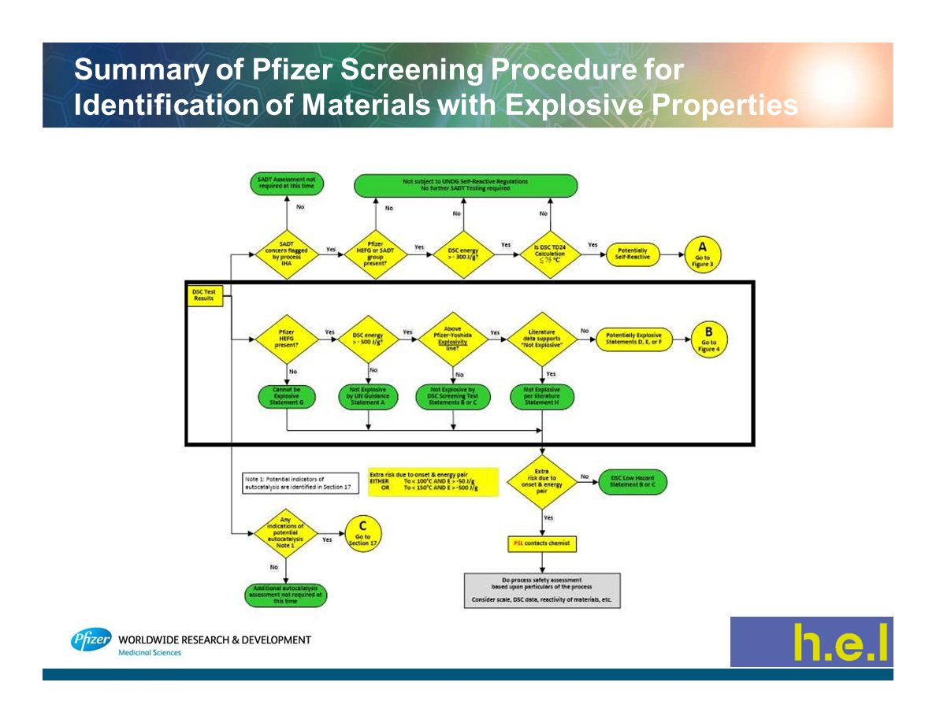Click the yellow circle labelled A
pos(702,254)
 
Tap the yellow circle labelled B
pos(708,340)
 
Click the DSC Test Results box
pos(203,295)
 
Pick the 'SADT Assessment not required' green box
pos(287,184)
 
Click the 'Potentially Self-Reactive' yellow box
pos(631,254)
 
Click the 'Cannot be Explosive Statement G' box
pos(286,397)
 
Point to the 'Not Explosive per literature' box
pos(542,397)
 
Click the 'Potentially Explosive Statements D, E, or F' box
pos(634,339)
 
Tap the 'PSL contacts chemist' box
pos(540,543)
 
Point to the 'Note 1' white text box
pos(299,484)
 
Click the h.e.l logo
pos(811,642)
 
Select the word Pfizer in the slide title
pos(292,71)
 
